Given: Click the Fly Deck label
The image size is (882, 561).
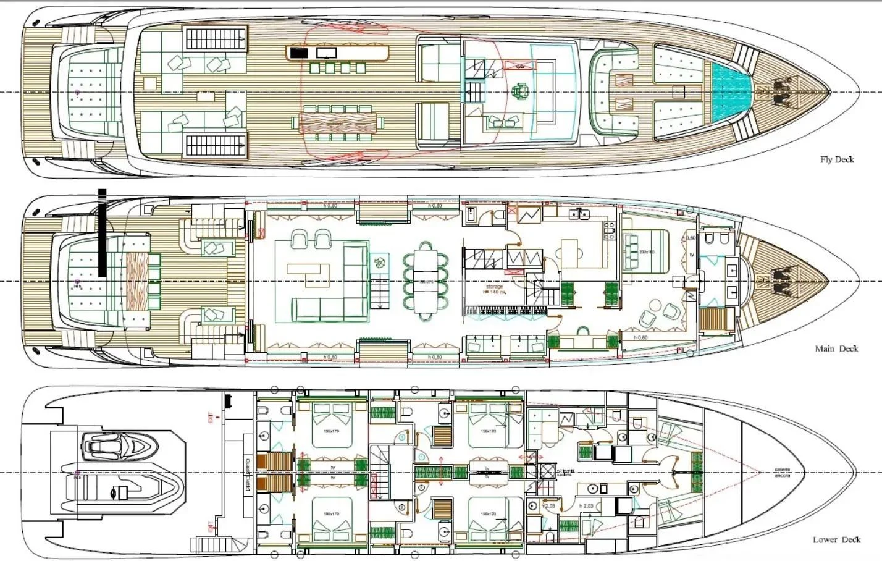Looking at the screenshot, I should pyautogui.click(x=836, y=159).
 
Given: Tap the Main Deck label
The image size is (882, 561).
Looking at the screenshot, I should pyautogui.click(x=836, y=349).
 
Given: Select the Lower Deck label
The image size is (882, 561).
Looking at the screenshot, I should pyautogui.click(x=836, y=539).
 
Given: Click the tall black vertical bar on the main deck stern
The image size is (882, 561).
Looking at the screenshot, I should pyautogui.click(x=102, y=232).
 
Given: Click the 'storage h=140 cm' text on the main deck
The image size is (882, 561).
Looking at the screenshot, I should pyautogui.click(x=494, y=289).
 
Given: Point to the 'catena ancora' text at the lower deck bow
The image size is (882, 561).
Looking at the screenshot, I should pyautogui.click(x=783, y=473).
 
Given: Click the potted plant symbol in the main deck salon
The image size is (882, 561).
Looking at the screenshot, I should pyautogui.click(x=379, y=262).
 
